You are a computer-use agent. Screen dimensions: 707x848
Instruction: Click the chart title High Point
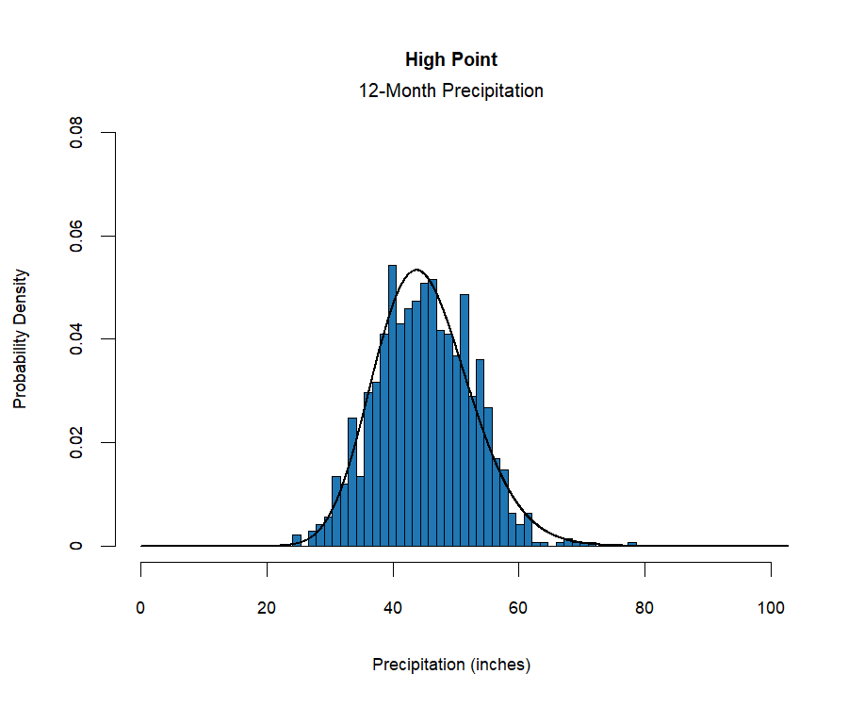(451, 59)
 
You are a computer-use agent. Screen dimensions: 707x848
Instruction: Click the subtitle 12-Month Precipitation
(451, 91)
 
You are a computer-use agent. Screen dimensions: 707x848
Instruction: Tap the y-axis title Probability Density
(21, 338)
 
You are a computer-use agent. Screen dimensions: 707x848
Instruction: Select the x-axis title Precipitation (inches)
(451, 665)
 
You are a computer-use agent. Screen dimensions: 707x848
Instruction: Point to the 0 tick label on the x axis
(141, 608)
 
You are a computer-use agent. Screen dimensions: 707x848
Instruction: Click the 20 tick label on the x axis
(267, 608)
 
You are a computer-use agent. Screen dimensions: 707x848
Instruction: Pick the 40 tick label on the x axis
(393, 608)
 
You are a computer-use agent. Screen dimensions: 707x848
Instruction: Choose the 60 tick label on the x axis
(518, 608)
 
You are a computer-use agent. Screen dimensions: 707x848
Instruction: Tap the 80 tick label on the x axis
(644, 608)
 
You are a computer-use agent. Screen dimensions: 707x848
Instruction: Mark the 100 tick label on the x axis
(771, 608)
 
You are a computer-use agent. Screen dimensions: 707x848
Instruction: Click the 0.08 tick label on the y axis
(76, 133)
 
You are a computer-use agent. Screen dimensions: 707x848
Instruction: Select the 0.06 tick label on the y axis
(76, 236)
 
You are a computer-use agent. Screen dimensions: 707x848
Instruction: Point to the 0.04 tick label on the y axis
(76, 339)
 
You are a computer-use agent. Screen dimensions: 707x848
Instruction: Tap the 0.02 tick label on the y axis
(76, 442)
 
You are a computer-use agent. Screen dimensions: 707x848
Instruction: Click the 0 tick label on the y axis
(76, 546)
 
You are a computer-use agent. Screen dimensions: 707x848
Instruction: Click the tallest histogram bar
(392, 405)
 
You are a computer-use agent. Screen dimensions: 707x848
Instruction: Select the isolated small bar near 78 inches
(632, 544)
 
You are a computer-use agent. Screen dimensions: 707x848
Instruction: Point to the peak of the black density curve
(417, 271)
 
